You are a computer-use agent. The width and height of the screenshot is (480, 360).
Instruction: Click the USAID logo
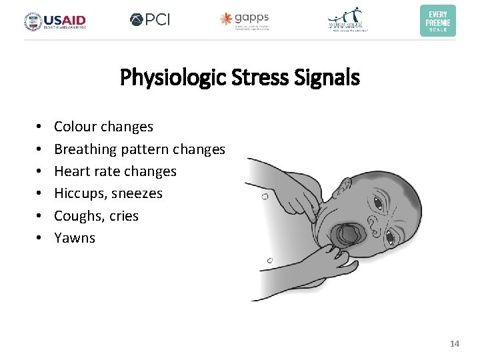[x=55, y=21]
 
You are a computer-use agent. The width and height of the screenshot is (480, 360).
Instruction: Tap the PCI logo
[x=150, y=19]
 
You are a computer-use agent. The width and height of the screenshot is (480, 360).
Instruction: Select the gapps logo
[x=245, y=20]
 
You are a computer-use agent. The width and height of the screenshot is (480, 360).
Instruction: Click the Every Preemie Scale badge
[x=437, y=21]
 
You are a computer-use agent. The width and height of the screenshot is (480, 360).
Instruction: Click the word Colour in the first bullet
[x=75, y=127]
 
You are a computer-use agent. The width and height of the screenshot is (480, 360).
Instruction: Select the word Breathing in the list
[x=85, y=149]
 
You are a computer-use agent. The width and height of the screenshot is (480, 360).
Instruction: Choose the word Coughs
[x=76, y=216]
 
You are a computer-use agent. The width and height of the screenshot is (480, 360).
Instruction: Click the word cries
[x=123, y=216]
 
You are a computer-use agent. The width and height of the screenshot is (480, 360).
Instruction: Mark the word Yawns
[x=75, y=238]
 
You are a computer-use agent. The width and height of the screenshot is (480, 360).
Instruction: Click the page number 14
[x=455, y=343]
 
